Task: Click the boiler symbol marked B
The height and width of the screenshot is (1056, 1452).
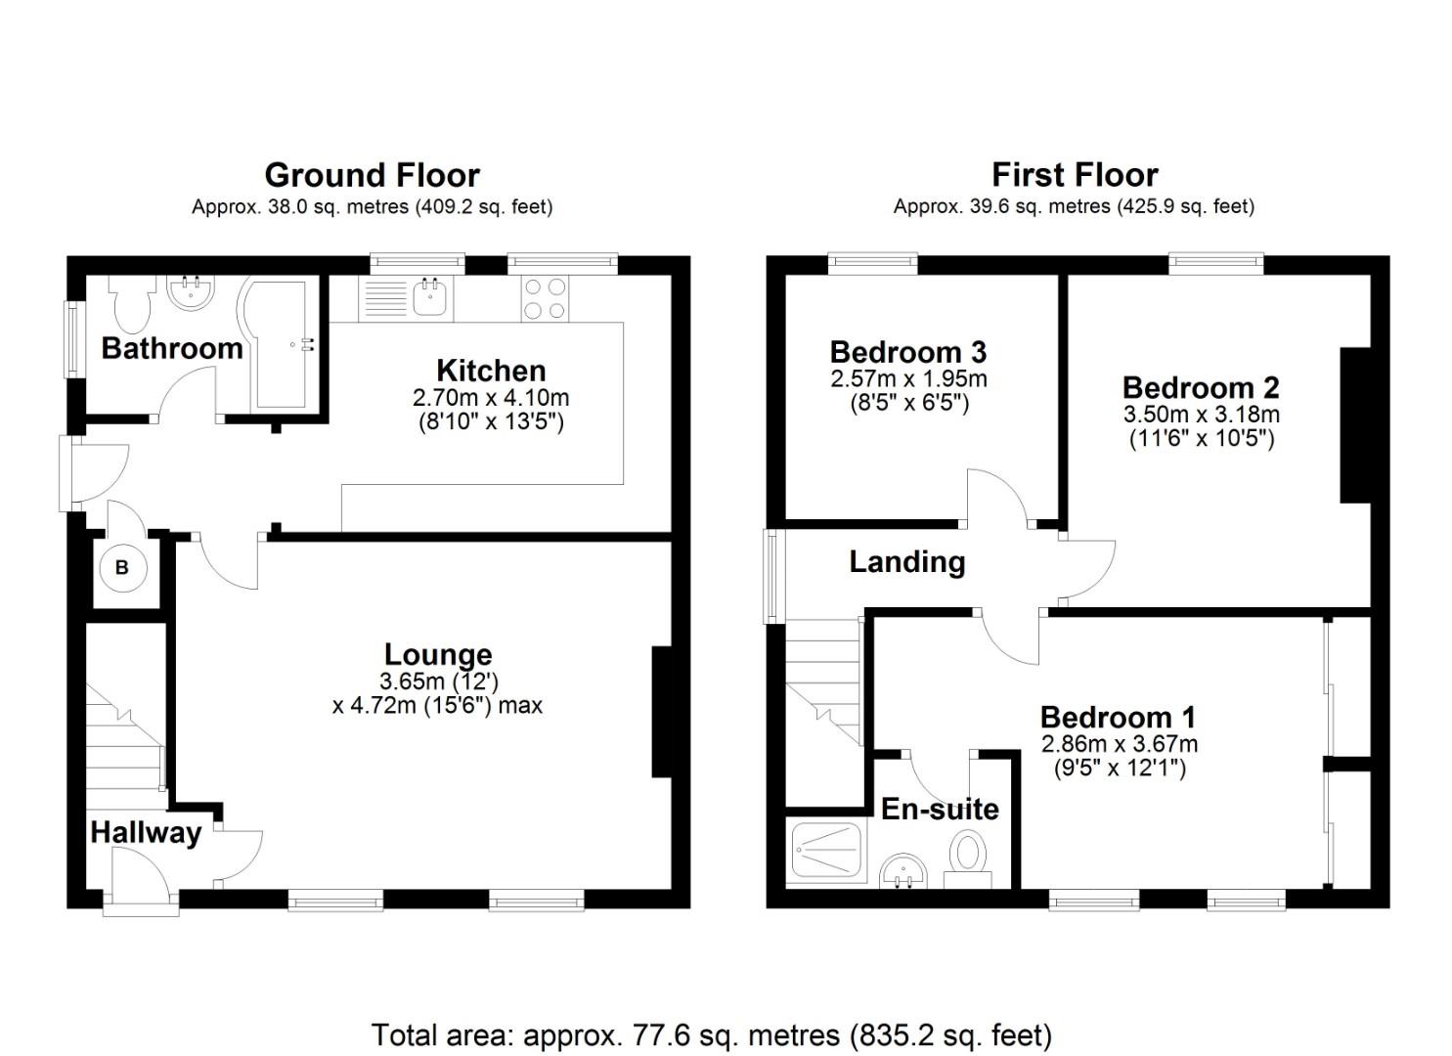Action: [x=122, y=567]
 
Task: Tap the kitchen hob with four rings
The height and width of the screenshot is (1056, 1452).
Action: [x=544, y=298]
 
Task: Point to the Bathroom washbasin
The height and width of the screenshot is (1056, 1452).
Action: [x=190, y=292]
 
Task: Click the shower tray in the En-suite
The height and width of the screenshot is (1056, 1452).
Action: [x=826, y=850]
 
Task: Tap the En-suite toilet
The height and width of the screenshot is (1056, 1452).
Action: [x=969, y=857]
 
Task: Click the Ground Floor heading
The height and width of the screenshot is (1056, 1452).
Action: [x=372, y=175]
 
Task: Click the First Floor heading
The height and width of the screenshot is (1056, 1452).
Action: [x=1074, y=175]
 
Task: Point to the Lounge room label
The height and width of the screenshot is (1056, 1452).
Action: [x=437, y=654]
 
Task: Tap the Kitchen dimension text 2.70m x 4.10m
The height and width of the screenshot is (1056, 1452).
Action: [x=491, y=398]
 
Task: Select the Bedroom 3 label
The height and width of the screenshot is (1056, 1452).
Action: [x=907, y=351]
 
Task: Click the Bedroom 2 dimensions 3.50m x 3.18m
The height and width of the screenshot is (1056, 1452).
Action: [x=1201, y=414]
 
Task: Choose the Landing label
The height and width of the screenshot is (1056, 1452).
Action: [x=906, y=561]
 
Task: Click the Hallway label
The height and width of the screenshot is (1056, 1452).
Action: [x=146, y=832]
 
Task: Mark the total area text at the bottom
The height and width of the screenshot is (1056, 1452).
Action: [x=711, y=1034]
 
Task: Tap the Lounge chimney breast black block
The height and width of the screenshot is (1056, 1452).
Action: [x=662, y=712]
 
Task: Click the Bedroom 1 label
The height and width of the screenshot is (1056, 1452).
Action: [x=1118, y=718]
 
